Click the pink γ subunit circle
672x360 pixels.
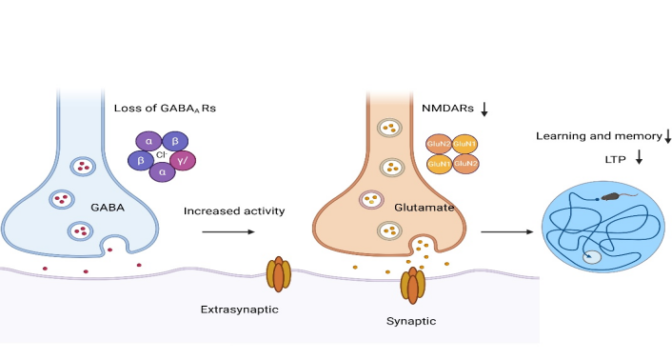click(183, 161)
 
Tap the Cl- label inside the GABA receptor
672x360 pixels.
click(162, 154)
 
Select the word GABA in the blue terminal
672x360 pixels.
click(108, 208)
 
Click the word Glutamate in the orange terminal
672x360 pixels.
click(424, 208)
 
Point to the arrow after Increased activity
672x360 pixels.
click(228, 231)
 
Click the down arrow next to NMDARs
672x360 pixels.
click(484, 109)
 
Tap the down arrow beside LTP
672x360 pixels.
click(639, 157)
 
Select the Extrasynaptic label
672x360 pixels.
click(240, 310)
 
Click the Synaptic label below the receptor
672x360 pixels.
click(411, 321)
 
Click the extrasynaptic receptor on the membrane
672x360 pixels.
click(279, 274)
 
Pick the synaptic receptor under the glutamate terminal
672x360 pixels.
click(413, 286)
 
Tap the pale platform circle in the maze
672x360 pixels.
click(591, 257)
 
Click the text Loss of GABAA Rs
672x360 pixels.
click(165, 108)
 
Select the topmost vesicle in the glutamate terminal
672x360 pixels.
click(389, 128)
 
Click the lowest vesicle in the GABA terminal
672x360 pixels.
click(80, 231)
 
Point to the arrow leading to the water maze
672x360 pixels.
click(507, 231)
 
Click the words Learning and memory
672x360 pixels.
click(599, 136)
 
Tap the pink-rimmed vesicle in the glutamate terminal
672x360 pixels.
click(371, 200)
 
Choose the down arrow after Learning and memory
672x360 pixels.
click(667, 137)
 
